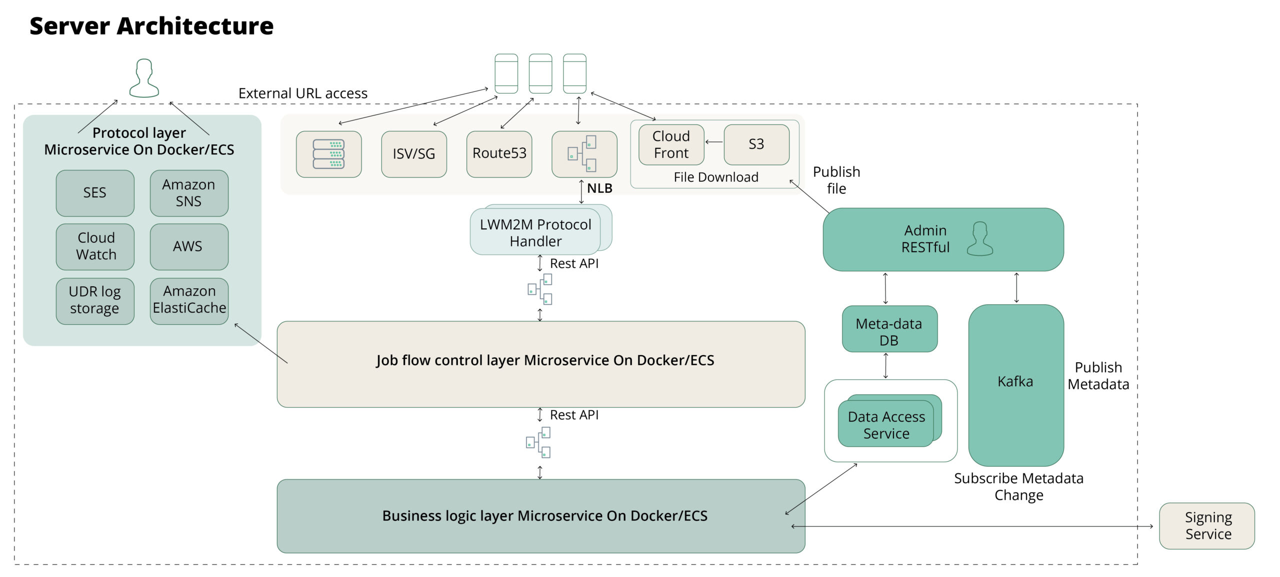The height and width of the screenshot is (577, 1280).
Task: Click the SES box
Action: [x=95, y=193]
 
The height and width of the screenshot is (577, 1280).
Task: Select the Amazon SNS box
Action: [x=189, y=193]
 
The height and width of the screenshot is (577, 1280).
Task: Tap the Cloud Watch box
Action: [x=95, y=246]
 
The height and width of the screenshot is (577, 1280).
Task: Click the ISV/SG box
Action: [x=413, y=154]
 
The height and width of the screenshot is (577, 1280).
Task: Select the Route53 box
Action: [x=499, y=154]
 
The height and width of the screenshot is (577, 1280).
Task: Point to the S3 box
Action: [x=756, y=144]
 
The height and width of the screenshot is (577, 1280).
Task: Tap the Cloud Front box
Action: [x=671, y=144]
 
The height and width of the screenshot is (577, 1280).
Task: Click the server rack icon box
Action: [x=328, y=154]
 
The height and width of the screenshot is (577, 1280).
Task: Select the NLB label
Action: [x=599, y=188]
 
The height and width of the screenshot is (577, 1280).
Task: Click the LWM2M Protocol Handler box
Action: [x=535, y=233]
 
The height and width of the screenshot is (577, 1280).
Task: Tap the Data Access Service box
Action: [x=886, y=425]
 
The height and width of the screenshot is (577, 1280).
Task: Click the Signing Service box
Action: [x=1207, y=526]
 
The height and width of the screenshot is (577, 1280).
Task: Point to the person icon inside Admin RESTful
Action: [x=979, y=239]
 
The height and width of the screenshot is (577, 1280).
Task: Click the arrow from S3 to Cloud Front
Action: [x=714, y=142]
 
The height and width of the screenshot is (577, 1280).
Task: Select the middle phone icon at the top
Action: [x=540, y=73]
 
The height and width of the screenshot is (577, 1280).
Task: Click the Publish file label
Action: [x=836, y=180]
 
